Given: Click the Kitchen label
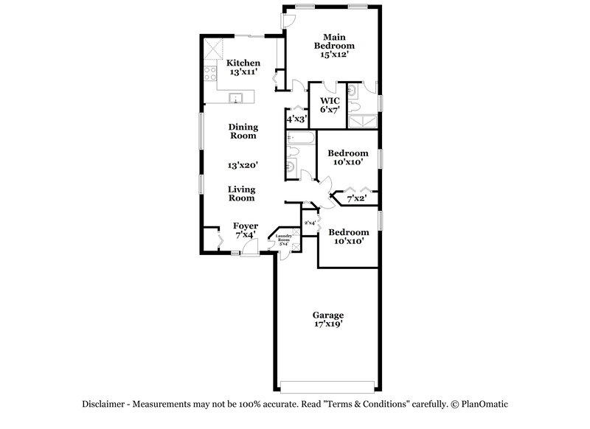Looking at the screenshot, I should tap(243, 63).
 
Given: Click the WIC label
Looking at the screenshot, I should tap(329, 100).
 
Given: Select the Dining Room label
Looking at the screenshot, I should tap(243, 131).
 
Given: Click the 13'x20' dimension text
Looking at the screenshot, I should tap(243, 166).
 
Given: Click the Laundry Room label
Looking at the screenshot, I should tap(284, 237).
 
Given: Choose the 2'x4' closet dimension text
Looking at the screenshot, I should tap(310, 223).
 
